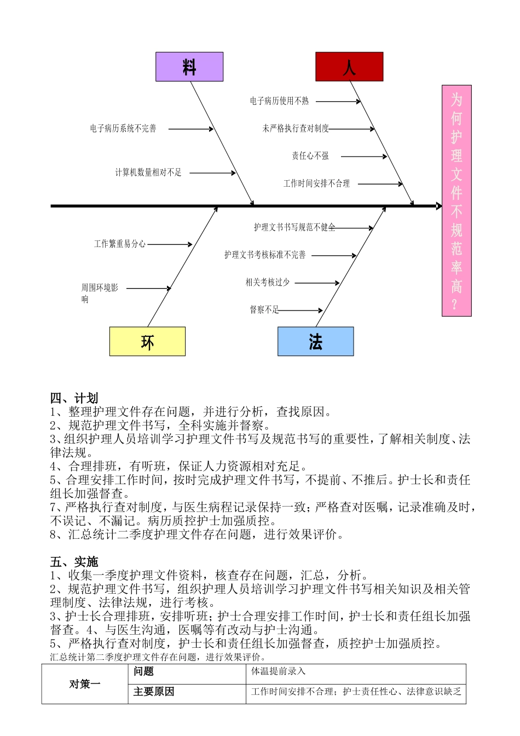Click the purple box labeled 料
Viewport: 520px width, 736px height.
189,67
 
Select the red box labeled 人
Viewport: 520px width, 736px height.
349,67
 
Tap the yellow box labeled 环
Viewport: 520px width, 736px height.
147,342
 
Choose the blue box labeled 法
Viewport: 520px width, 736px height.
315,342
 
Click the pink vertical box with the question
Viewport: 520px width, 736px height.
457,200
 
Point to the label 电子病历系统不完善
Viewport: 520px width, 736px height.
123,129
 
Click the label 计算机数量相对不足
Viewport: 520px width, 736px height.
148,173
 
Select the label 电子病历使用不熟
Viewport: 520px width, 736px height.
279,101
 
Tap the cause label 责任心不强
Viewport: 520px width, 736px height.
310,156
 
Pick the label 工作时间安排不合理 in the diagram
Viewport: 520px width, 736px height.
316,183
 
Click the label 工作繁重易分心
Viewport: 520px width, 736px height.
120,244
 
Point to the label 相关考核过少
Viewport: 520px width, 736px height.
268,283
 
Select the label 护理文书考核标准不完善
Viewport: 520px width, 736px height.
265,255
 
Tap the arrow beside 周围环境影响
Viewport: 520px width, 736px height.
148,288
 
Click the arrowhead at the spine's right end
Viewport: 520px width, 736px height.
439,206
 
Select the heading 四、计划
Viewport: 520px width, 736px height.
74,398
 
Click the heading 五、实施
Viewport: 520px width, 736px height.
74,562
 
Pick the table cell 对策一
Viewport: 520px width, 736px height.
85,684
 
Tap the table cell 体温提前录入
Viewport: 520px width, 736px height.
278,671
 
